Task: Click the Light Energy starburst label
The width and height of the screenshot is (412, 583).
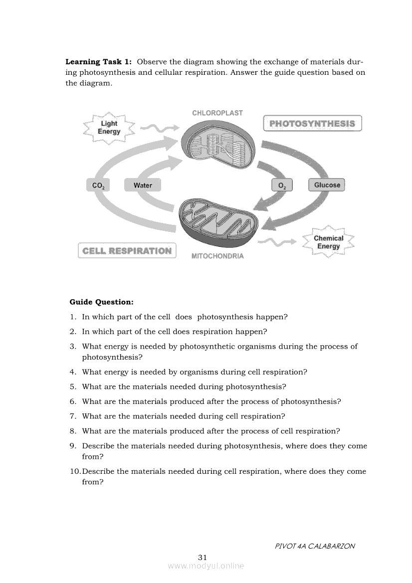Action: (x=109, y=128)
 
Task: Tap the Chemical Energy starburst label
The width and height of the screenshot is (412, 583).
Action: (x=328, y=242)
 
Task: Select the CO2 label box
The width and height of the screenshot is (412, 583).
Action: (x=98, y=186)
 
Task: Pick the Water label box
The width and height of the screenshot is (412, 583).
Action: (x=143, y=186)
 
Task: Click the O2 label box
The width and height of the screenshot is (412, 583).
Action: (x=282, y=186)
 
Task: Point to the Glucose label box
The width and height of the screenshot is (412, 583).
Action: (x=327, y=185)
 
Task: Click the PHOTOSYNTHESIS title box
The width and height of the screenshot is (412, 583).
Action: (x=312, y=123)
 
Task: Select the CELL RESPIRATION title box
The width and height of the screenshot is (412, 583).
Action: (x=127, y=250)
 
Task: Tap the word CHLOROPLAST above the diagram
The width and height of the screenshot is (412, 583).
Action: (x=217, y=113)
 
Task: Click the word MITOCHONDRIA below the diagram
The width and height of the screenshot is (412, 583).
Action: (x=217, y=256)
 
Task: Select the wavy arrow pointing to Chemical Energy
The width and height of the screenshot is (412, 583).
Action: (x=280, y=242)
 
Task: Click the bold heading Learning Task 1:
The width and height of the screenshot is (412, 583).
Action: (x=99, y=62)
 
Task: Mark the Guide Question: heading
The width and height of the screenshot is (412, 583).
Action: (x=101, y=302)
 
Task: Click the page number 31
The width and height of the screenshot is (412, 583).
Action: (x=203, y=557)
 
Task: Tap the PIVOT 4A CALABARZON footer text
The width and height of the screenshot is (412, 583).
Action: (x=315, y=546)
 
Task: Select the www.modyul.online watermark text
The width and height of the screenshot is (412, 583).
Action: (x=206, y=566)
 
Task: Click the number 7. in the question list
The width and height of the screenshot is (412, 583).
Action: (x=73, y=416)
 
